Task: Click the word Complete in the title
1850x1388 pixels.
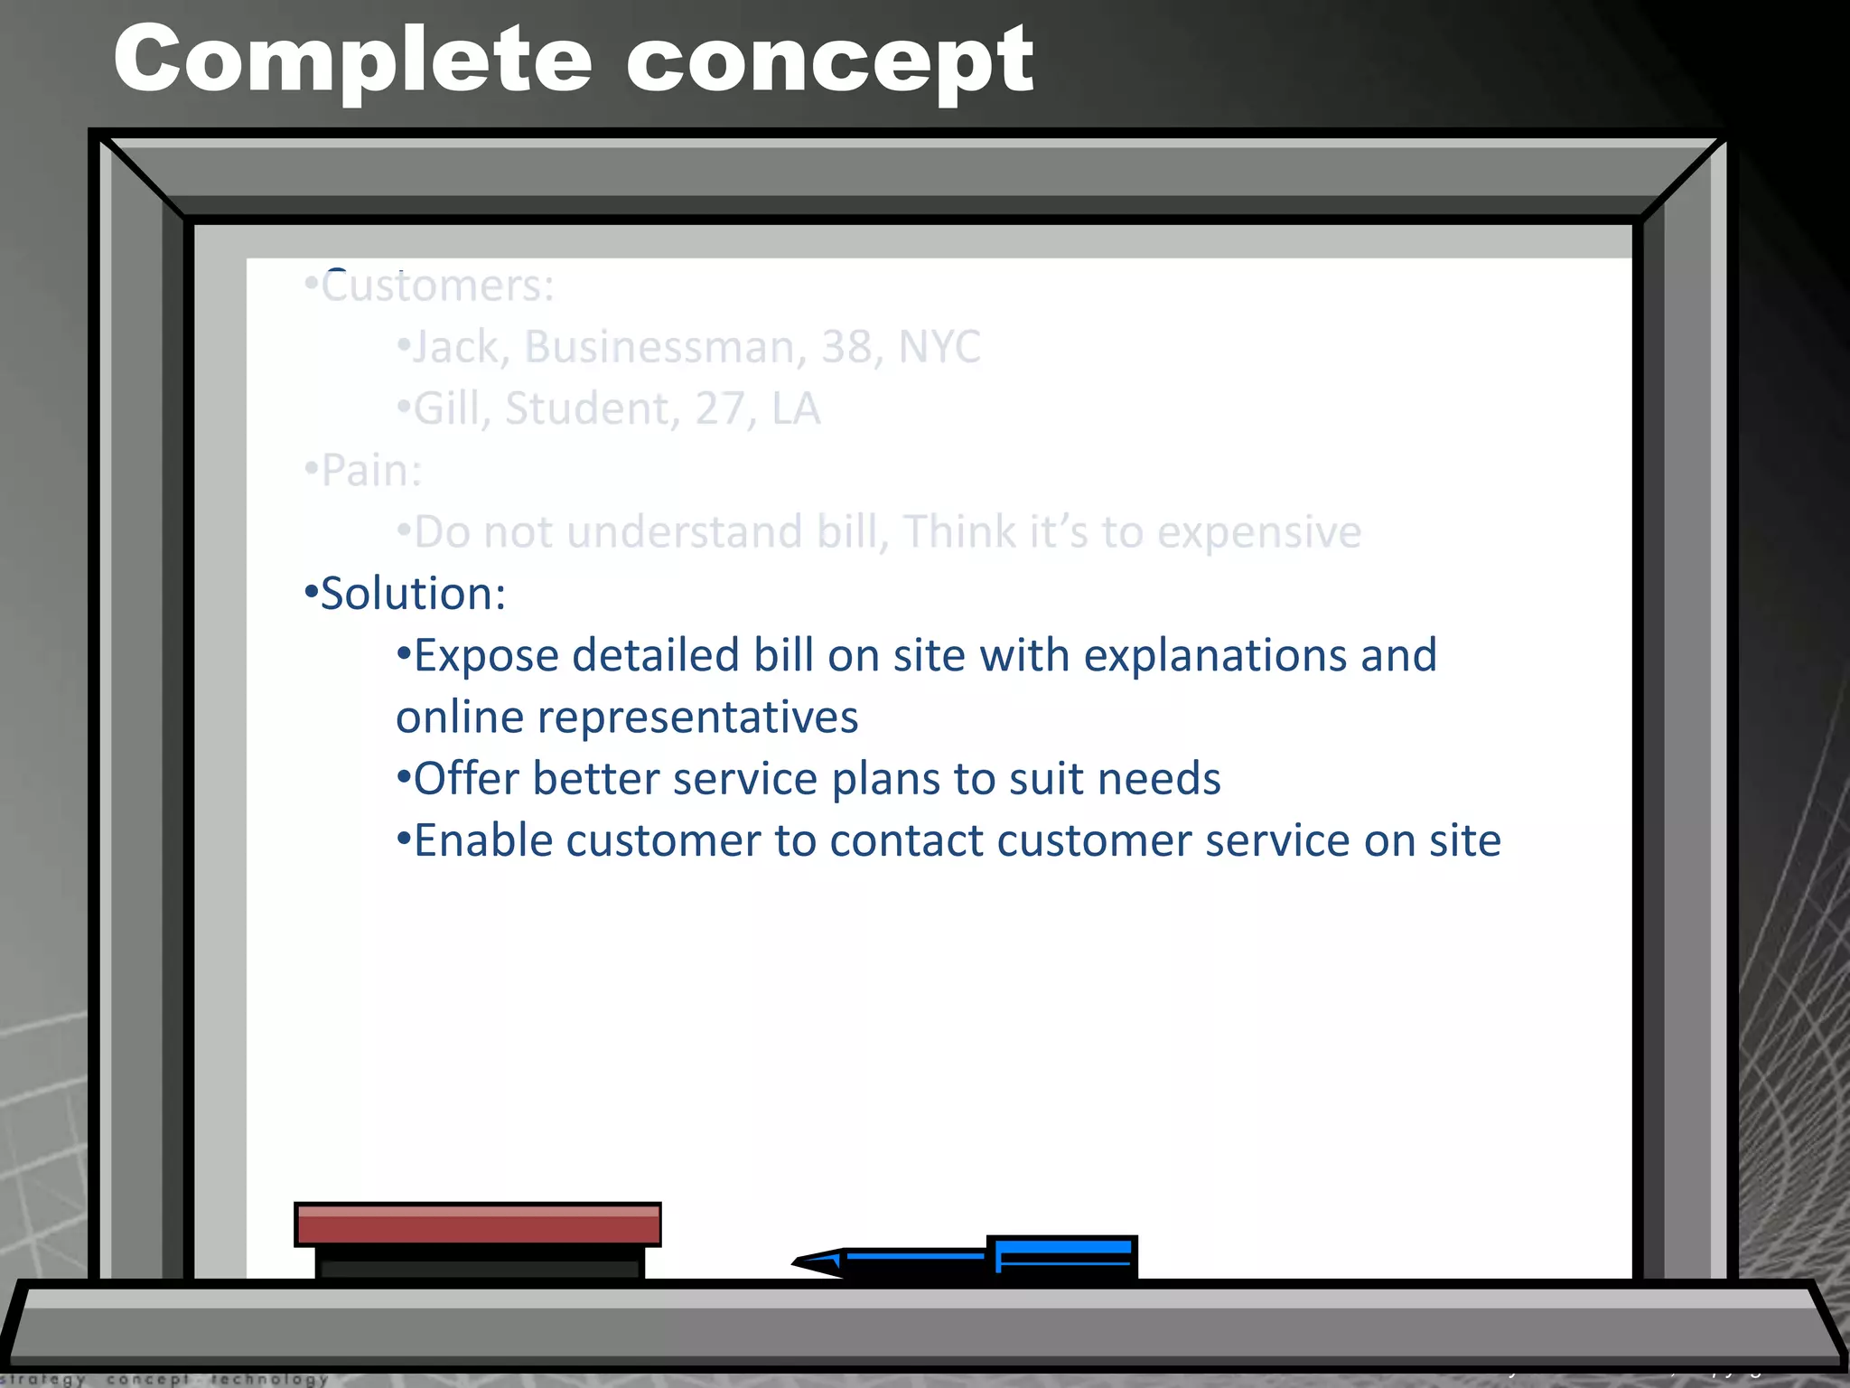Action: click(x=352, y=61)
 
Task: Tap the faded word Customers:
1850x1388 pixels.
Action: click(x=437, y=287)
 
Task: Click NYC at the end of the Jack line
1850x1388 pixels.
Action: click(x=939, y=347)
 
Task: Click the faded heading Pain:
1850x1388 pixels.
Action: click(x=371, y=471)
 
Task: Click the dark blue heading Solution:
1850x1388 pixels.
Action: click(x=413, y=595)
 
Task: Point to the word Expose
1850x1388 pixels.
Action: click(x=485, y=656)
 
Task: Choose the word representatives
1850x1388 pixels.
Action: click(x=697, y=718)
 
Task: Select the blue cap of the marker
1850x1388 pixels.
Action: click(x=1062, y=1256)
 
